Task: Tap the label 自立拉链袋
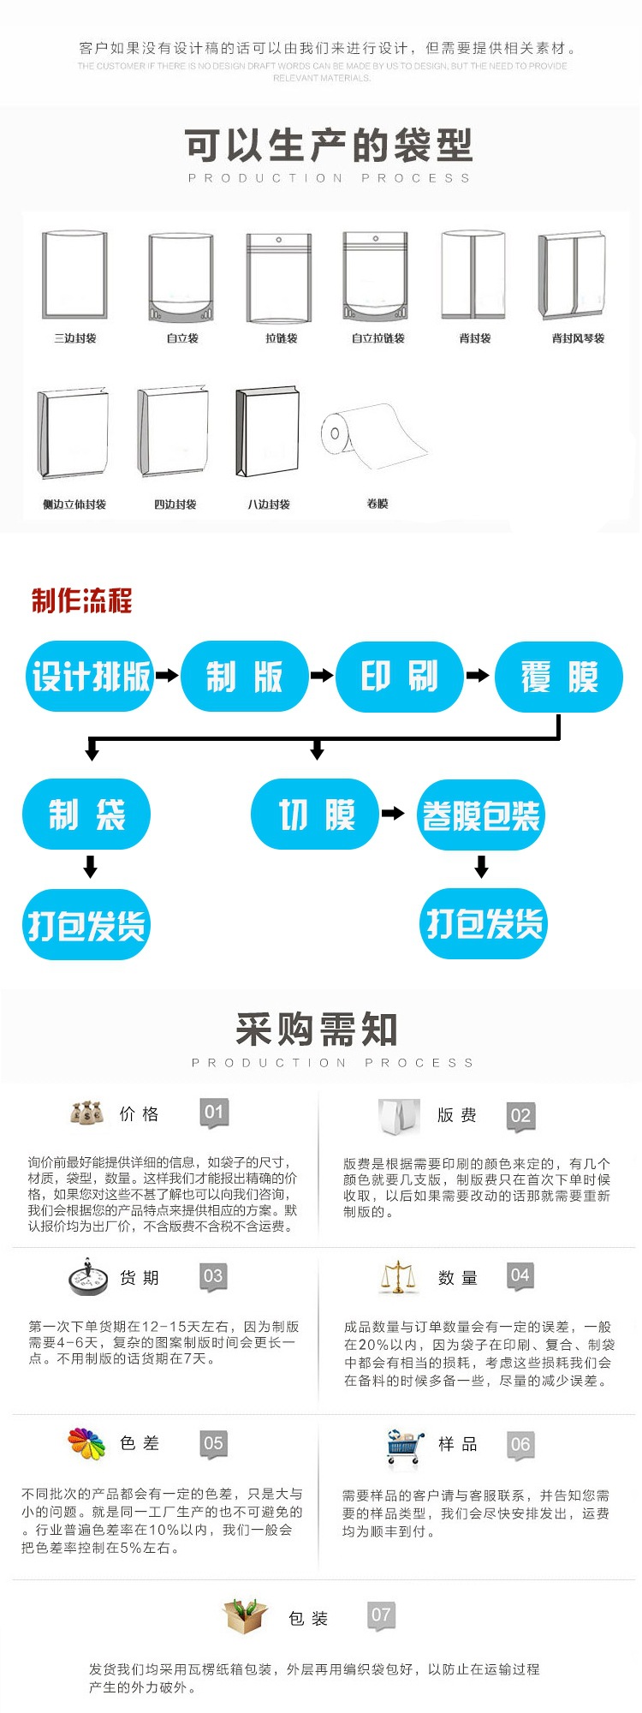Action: click(377, 338)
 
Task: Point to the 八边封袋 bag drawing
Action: click(268, 433)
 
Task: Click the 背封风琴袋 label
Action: click(578, 338)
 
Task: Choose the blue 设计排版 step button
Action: click(90, 676)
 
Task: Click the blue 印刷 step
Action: click(400, 676)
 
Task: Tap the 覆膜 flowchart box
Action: click(559, 677)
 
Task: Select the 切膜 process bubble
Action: click(315, 814)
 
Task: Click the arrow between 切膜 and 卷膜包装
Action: click(393, 814)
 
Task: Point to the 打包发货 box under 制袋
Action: click(86, 924)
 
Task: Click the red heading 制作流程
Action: click(82, 600)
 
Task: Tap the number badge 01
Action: click(214, 1113)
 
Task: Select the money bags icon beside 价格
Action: click(86, 1113)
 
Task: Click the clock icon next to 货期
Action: click(86, 1277)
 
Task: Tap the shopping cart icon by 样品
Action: click(404, 1446)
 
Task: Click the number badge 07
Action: click(381, 1615)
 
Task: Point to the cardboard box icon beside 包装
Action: click(246, 1616)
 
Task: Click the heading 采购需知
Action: click(317, 1030)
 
